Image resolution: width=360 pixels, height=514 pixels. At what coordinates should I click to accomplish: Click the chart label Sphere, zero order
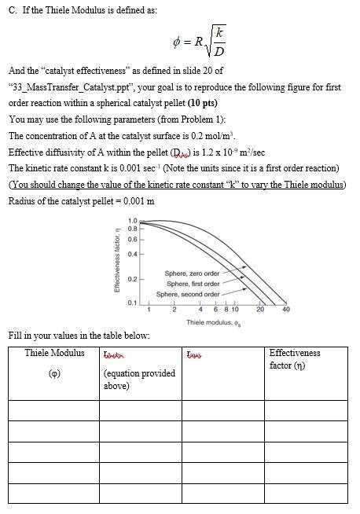192,273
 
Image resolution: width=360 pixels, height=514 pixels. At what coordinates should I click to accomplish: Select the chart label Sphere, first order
192,283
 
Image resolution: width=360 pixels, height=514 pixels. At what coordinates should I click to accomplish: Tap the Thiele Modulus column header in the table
54,353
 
